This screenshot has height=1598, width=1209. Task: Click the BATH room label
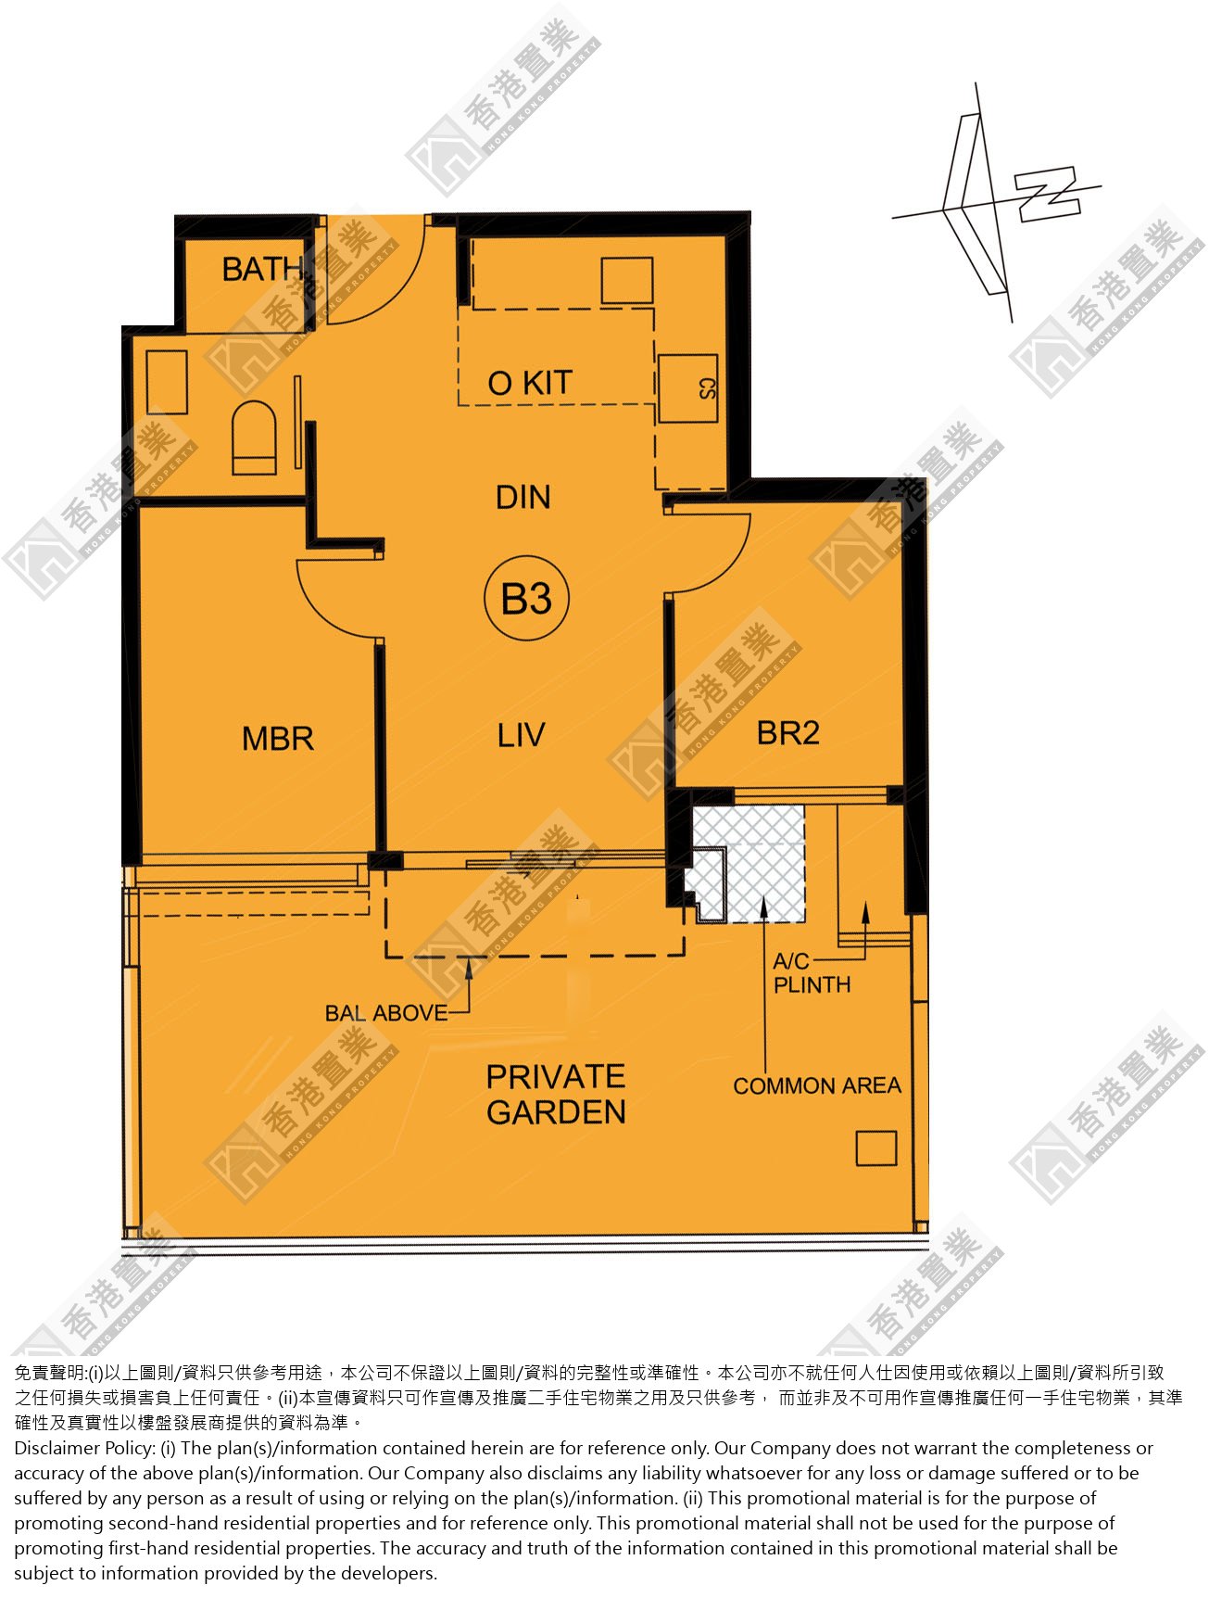(x=263, y=269)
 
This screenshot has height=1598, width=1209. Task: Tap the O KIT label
(x=530, y=383)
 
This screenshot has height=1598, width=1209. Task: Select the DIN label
(x=523, y=497)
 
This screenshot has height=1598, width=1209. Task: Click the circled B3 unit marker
(x=526, y=598)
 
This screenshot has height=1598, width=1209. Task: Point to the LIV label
(x=521, y=735)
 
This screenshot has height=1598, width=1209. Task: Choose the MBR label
(x=278, y=739)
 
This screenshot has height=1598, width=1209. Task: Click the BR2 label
(x=788, y=733)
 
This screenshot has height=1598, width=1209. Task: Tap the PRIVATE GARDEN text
(x=556, y=1094)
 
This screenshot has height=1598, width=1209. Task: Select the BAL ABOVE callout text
(x=386, y=1013)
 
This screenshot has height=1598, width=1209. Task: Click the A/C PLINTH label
(x=812, y=973)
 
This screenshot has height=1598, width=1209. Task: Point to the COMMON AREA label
(x=817, y=1085)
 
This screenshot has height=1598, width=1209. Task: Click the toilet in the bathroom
(x=254, y=438)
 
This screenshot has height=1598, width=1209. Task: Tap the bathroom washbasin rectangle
(x=167, y=382)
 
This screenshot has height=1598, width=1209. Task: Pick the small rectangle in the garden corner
(x=875, y=1148)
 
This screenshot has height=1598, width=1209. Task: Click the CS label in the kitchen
(x=707, y=388)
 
